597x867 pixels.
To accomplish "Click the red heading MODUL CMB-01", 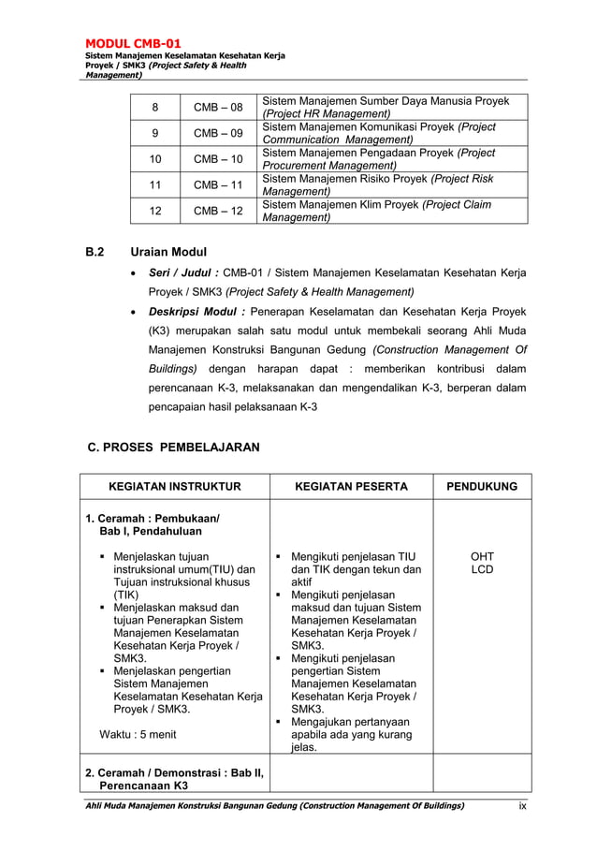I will click(134, 43).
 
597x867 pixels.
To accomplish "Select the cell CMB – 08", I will click(218, 107).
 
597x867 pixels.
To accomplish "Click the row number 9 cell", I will click(156, 133).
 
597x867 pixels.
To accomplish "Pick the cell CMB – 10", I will click(218, 159).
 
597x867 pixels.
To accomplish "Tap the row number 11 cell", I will click(156, 185).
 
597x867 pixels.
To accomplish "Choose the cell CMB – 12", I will click(218, 212).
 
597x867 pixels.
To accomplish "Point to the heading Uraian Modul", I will click(168, 252).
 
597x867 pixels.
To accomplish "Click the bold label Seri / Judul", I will click(183, 272).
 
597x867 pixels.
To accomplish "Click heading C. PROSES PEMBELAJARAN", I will click(173, 448).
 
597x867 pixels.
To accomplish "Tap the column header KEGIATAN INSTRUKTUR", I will click(175, 487).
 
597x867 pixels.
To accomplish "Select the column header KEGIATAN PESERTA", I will click(351, 487).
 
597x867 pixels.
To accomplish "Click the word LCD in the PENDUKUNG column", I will click(481, 569).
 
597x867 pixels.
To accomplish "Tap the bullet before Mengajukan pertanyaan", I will click(278, 721).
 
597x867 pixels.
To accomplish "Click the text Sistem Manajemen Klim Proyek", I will click(341, 205).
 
